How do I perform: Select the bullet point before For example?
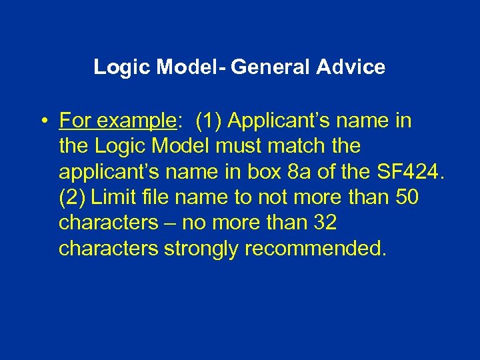coord(42,122)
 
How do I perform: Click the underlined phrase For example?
coord(116,121)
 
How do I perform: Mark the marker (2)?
coord(72,197)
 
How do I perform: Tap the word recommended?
coord(315,248)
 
